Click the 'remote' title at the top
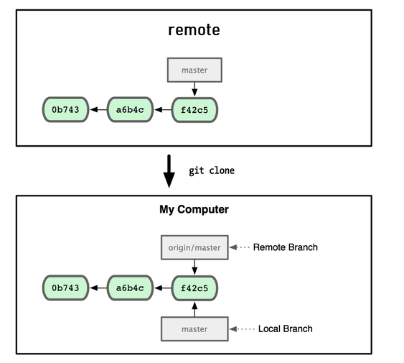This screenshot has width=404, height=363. (x=194, y=30)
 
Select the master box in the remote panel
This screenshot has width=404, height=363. (x=194, y=70)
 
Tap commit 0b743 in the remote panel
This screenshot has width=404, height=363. (x=65, y=110)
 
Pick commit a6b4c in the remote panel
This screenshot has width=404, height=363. (x=130, y=110)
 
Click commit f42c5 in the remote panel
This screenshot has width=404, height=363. (x=194, y=110)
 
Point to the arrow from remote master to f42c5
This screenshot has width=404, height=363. (x=194, y=89)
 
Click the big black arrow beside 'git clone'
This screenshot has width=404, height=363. (x=169, y=171)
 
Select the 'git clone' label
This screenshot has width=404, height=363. (x=212, y=170)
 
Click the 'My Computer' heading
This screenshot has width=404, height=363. (x=194, y=209)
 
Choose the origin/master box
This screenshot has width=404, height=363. (x=194, y=247)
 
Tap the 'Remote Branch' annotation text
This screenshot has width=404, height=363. (x=285, y=247)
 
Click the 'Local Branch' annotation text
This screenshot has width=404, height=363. (x=285, y=328)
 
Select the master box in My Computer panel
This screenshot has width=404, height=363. (x=194, y=329)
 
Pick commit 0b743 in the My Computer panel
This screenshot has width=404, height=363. (x=65, y=288)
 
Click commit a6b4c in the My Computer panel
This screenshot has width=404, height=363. (x=130, y=288)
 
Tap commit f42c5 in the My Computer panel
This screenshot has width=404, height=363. (x=194, y=288)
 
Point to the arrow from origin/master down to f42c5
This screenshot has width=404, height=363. (x=194, y=267)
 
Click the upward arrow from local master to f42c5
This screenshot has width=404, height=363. (x=194, y=309)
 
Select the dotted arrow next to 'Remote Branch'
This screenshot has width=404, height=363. (x=240, y=247)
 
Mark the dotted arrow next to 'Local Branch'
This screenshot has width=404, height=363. (x=242, y=329)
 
